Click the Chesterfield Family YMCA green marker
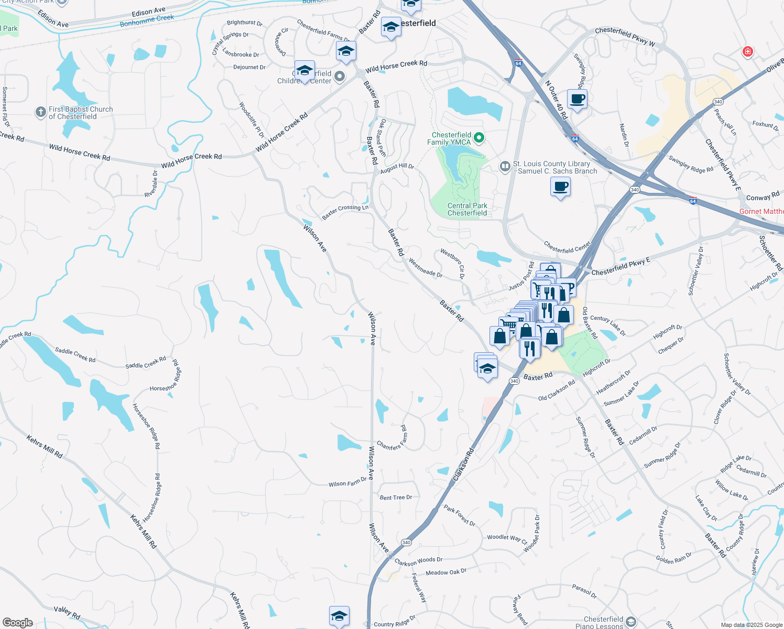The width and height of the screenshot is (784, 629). (x=478, y=138)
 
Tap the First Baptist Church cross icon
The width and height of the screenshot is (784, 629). (x=40, y=112)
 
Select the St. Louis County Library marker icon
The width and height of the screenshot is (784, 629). (x=505, y=167)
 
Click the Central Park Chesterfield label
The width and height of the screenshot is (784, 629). (x=467, y=209)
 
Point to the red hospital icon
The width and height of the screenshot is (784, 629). (x=747, y=51)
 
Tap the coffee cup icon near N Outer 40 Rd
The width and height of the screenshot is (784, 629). (x=577, y=99)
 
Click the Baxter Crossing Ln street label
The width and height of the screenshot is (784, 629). (x=345, y=212)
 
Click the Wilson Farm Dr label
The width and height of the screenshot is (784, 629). (x=347, y=482)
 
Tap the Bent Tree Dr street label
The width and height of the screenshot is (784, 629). (x=396, y=497)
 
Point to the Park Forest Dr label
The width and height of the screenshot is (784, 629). (x=459, y=516)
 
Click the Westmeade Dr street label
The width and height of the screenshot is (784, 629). (x=426, y=268)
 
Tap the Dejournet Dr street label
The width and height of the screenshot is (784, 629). (x=249, y=67)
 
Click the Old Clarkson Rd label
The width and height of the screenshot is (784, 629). (x=557, y=390)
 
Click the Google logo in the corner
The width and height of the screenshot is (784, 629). (x=17, y=623)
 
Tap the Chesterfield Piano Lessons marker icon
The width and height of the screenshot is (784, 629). (x=630, y=622)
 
